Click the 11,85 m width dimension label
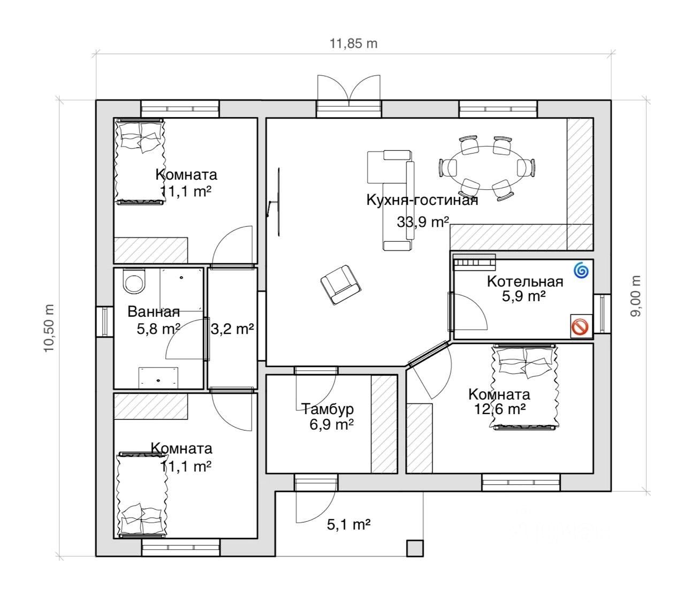[353, 44]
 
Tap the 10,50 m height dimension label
[49, 328]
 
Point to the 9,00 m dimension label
[636, 296]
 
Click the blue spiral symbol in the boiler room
[581, 271]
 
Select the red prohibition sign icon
[580, 327]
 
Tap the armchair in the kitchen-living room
[340, 285]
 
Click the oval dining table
[486, 167]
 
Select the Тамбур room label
[328, 409]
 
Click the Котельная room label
[525, 281]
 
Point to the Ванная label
[154, 312]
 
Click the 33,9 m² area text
[423, 222]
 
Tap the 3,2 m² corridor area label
[232, 329]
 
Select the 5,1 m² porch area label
[348, 524]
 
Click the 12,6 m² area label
[500, 409]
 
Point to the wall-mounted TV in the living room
[278, 202]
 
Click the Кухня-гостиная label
[422, 200]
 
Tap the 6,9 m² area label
[331, 424]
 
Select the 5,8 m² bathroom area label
[158, 329]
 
